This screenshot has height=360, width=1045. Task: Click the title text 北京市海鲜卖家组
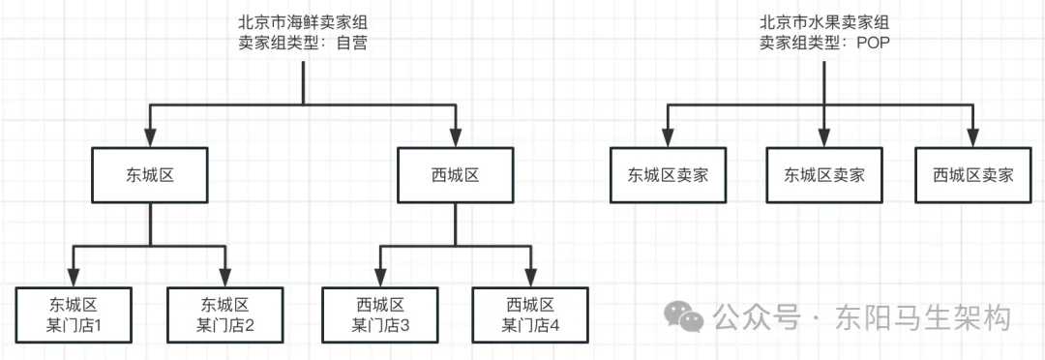pos(302,21)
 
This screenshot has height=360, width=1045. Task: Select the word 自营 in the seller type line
pos(351,43)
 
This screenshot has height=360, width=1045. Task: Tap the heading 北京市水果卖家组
pos(823,21)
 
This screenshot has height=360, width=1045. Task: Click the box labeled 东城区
pos(149,175)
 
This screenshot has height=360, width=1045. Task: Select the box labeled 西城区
pos(454,175)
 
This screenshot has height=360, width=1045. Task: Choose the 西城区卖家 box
pos(972,175)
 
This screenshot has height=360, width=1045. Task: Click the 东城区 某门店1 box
pos(74,314)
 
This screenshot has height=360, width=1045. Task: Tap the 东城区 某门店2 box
pos(225,314)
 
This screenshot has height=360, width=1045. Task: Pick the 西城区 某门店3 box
pos(378,314)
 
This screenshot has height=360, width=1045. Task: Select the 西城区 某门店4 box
pos(530,314)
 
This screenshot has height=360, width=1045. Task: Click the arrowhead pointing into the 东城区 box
pos(149,137)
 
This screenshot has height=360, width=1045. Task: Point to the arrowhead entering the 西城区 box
pos(454,137)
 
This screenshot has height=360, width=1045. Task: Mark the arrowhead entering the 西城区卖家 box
pos(972,137)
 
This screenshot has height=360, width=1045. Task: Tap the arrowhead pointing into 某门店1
pos(74,276)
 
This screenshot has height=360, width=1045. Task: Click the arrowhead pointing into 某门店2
pos(225,276)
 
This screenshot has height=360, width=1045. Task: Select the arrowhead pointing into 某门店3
pos(378,276)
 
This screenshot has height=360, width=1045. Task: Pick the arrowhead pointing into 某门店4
pos(530,276)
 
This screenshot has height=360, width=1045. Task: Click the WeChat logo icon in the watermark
pos(688,317)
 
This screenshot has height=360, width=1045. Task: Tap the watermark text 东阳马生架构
pos(923,317)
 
